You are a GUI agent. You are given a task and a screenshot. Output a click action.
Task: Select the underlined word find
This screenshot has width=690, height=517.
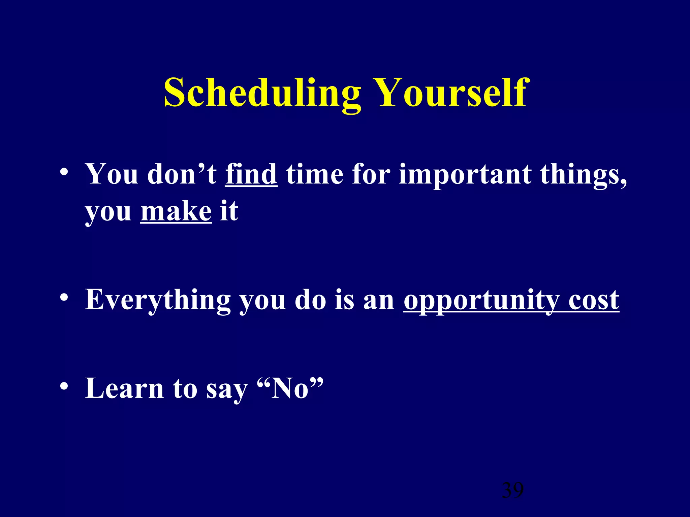click(251, 175)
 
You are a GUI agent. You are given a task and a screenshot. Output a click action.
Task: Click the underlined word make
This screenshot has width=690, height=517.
click(176, 212)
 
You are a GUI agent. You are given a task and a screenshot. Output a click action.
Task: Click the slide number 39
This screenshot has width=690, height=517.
click(512, 490)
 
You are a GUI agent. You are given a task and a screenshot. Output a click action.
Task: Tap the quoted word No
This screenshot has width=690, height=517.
click(290, 389)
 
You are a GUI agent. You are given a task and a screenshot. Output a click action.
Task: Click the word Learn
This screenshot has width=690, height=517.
click(124, 389)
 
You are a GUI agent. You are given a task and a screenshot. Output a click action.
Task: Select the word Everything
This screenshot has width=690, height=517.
click(158, 300)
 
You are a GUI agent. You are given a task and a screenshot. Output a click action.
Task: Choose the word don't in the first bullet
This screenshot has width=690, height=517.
click(182, 175)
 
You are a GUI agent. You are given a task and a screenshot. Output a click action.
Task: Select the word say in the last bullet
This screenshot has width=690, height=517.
click(227, 390)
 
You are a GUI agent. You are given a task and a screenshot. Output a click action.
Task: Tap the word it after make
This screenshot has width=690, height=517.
click(229, 212)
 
